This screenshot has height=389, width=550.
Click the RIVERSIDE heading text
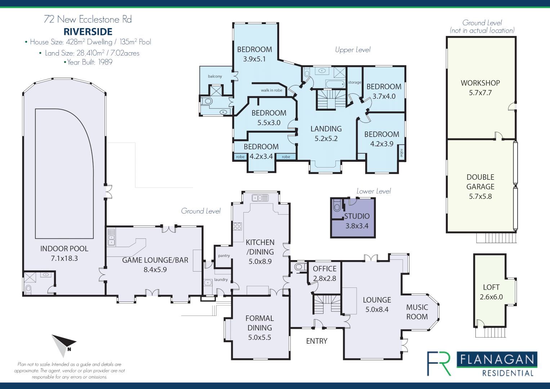(x=88, y=32)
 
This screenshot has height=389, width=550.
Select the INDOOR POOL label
(x=64, y=249)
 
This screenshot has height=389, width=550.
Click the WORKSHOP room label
(x=480, y=83)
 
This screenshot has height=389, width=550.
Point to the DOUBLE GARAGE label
(x=480, y=182)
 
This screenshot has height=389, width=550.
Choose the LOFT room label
(x=491, y=287)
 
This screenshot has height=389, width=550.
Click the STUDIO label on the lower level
(x=357, y=216)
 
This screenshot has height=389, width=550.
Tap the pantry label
(x=224, y=256)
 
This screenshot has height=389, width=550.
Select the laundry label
(x=221, y=280)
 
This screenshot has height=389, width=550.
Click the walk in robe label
(x=272, y=90)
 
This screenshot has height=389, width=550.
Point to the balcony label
(x=215, y=76)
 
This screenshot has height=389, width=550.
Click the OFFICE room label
(x=325, y=269)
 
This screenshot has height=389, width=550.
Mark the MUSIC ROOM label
(x=417, y=312)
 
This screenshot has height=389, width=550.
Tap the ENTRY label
(x=317, y=341)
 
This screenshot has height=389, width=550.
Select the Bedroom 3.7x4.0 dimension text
(x=384, y=97)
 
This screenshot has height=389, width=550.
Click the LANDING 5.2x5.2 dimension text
(x=326, y=139)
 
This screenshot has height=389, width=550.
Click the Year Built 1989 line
(x=88, y=62)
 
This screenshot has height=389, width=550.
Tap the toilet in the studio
(x=337, y=206)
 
